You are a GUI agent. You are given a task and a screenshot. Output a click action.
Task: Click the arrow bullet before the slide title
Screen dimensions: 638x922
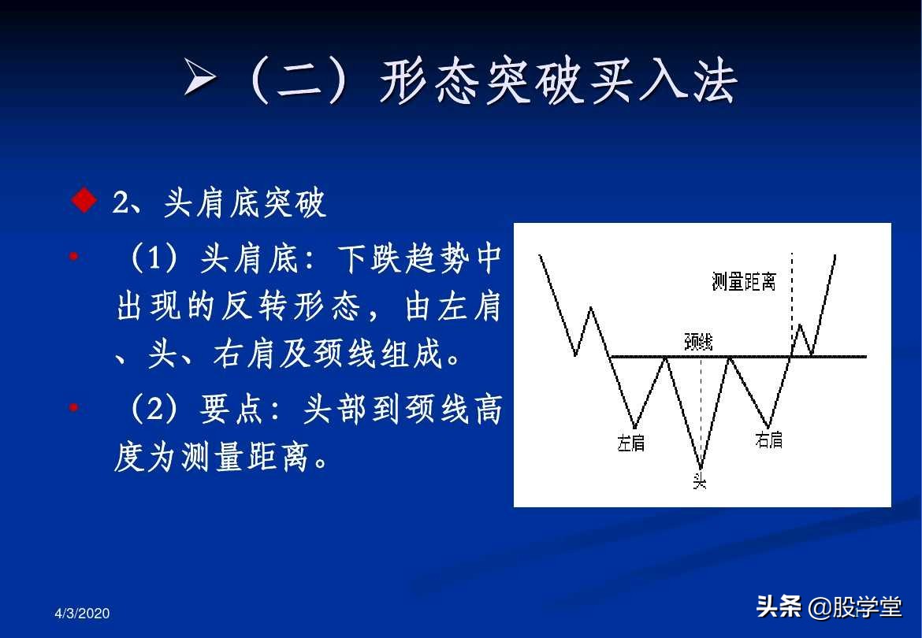click(x=200, y=79)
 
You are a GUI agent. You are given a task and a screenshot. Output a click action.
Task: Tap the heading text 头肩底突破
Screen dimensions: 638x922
click(x=244, y=203)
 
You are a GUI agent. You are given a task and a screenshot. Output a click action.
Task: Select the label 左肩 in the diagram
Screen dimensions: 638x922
click(x=630, y=443)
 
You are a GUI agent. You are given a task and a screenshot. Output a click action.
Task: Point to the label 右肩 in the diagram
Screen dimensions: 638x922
click(x=768, y=440)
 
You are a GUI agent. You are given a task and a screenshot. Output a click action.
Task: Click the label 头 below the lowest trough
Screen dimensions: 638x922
click(x=699, y=480)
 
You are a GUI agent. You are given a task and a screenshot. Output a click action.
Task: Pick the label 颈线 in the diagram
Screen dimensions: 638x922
click(x=698, y=341)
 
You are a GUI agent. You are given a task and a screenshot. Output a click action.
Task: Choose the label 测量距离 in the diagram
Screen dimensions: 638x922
click(x=743, y=281)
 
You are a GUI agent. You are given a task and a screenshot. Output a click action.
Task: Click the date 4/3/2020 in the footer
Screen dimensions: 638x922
click(x=83, y=614)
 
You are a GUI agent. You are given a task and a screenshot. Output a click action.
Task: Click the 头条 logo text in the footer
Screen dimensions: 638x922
click(x=779, y=606)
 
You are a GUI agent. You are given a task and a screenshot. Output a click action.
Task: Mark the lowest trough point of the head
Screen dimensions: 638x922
click(x=700, y=468)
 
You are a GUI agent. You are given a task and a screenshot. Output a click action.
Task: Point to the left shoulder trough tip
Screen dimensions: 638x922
click(x=634, y=428)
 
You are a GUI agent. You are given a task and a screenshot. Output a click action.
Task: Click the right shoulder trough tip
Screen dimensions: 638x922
click(x=768, y=428)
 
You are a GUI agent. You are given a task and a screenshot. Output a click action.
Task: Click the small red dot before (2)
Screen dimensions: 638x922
click(x=73, y=408)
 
